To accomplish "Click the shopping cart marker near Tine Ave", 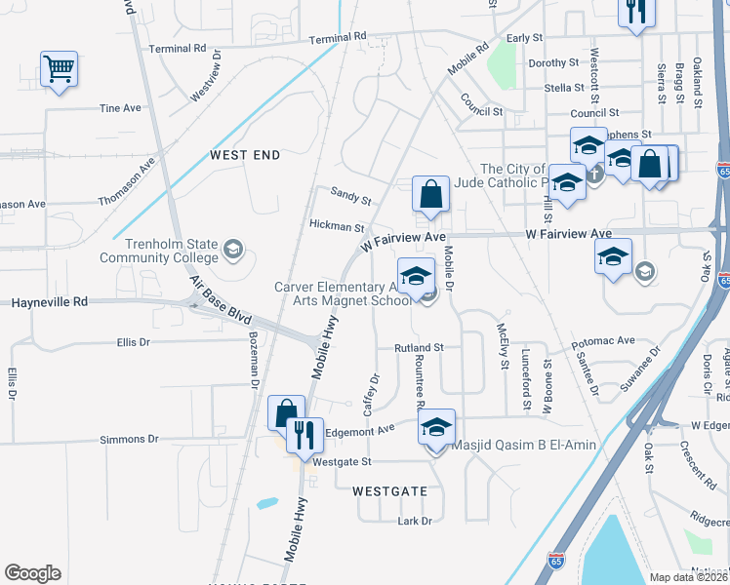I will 60,69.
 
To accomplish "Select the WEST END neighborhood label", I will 245,155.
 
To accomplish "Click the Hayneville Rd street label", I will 50,303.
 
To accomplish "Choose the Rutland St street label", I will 419,347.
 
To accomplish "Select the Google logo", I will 32,573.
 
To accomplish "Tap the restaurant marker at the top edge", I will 636,12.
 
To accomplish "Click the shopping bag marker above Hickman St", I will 430,195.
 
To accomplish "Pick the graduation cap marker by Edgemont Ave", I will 437,427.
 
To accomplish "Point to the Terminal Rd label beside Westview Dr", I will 177,48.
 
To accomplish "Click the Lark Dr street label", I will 415,521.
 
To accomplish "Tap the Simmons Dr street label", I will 122,440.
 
